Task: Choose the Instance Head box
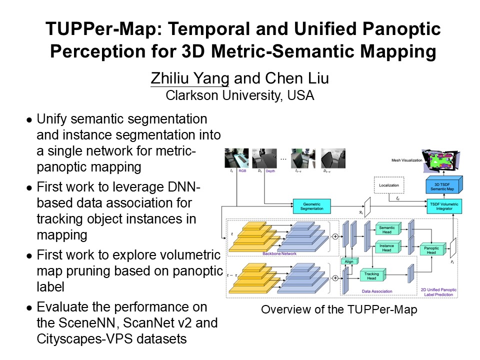point(387,247)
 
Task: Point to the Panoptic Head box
point(431,250)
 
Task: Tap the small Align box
point(347,261)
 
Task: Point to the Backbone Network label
point(279,254)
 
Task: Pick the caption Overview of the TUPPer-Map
point(338,309)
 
